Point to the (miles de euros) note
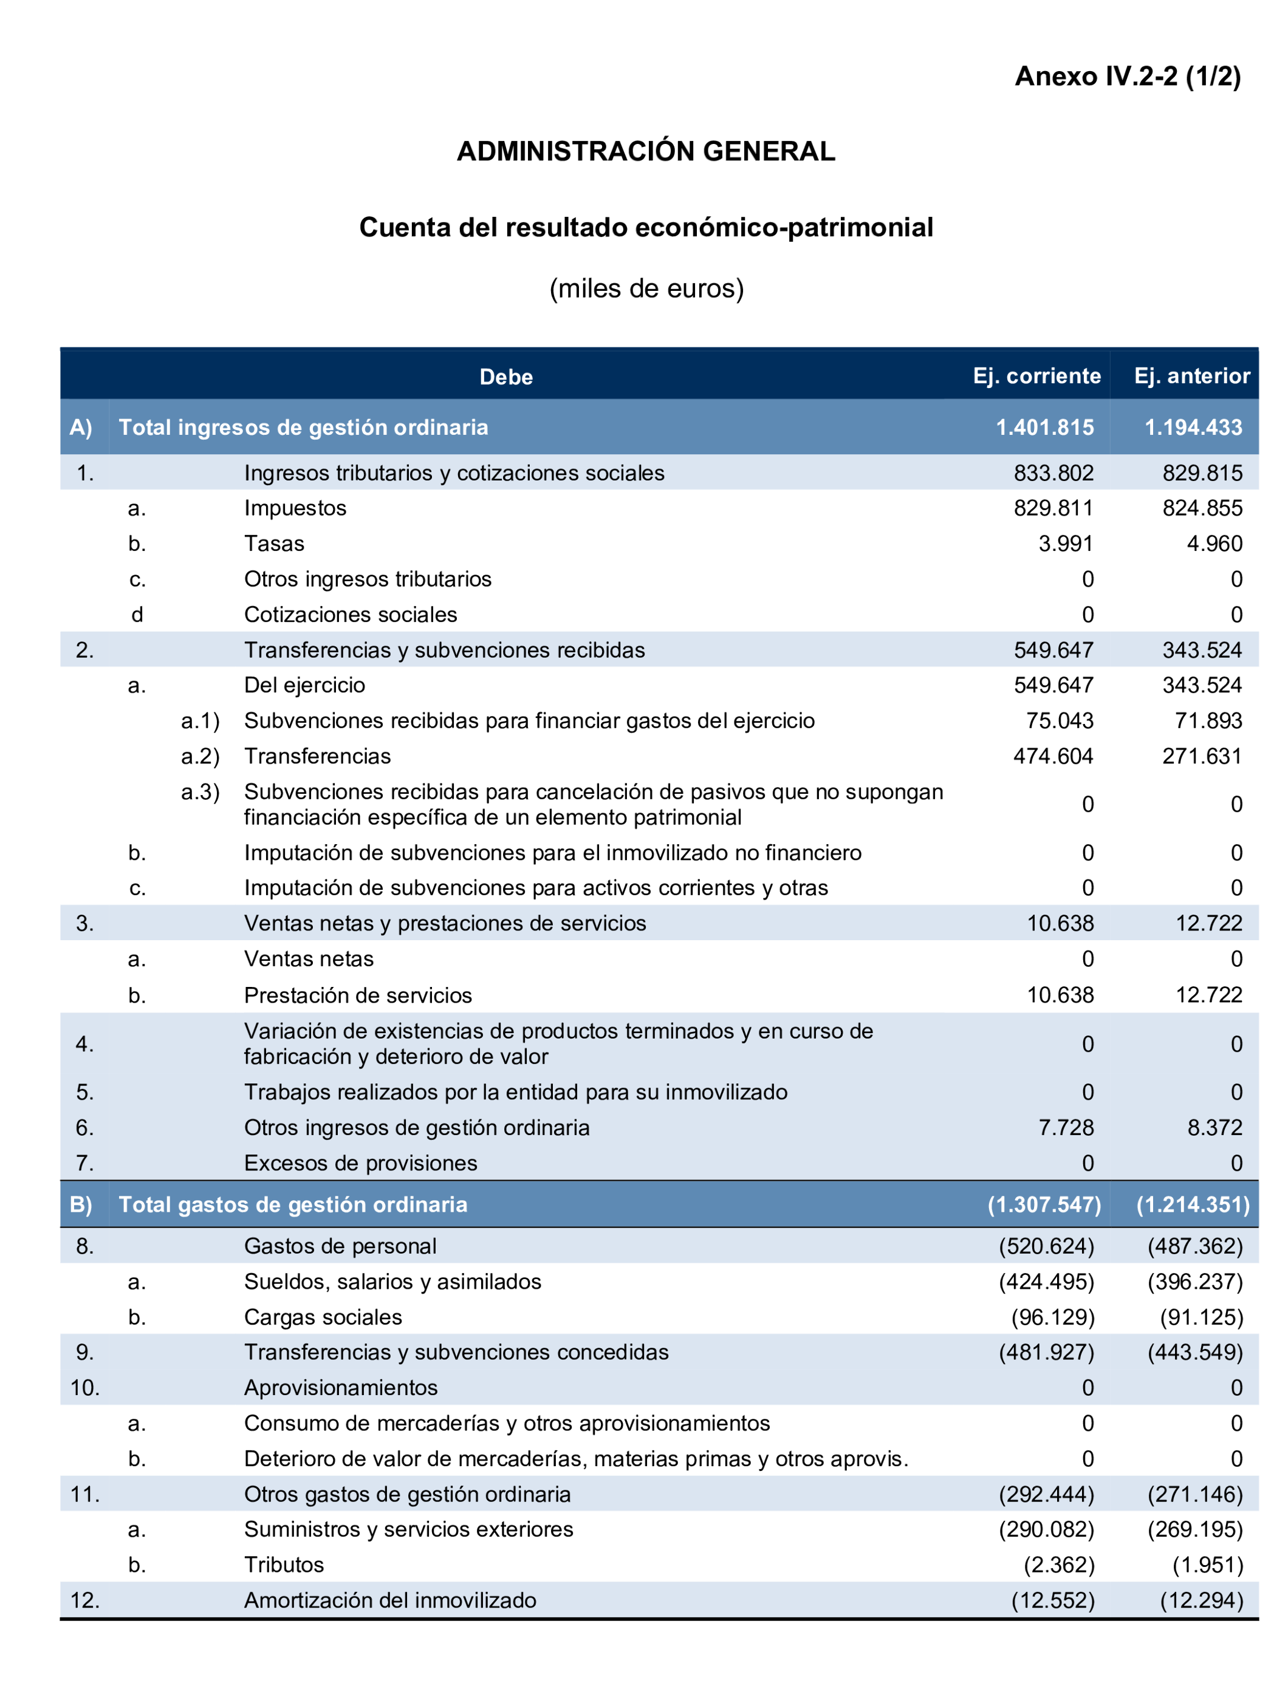coord(646,288)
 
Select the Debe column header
coord(505,377)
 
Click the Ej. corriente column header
coord(1036,376)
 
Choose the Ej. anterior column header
coord(1191,376)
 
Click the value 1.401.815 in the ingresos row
coord(1044,428)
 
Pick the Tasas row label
coord(274,544)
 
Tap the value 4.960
coord(1214,544)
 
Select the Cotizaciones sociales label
coord(350,615)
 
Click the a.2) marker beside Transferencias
coord(200,756)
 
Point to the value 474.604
coord(1052,756)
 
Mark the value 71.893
coord(1208,720)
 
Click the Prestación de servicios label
coord(358,995)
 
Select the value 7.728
coord(1065,1127)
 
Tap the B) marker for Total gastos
coord(81,1204)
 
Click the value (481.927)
coord(1046,1352)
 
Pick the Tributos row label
coord(284,1565)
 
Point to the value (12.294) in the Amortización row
coord(1201,1600)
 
